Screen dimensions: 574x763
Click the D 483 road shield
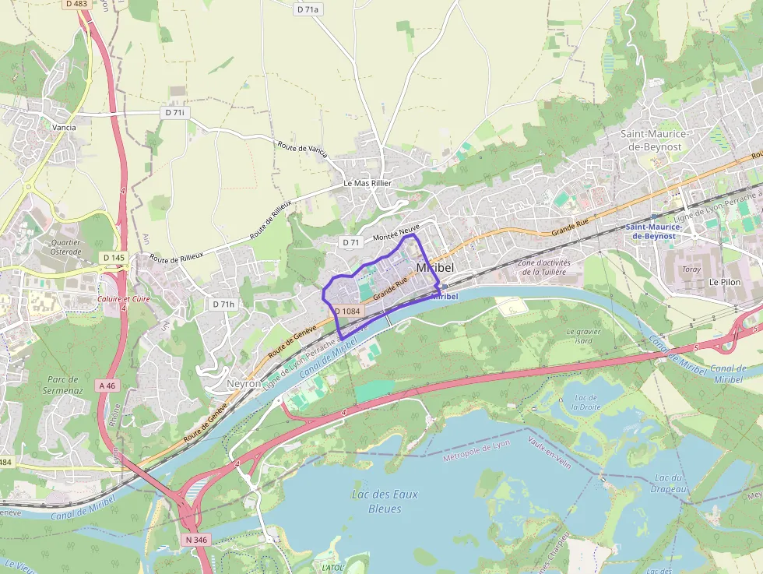coord(76,4)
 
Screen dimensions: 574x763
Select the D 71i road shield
coord(175,113)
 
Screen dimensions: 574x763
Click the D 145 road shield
coord(114,257)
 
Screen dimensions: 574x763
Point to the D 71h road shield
coord(223,304)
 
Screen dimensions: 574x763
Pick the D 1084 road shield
coord(347,312)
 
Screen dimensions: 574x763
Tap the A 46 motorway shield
coord(107,385)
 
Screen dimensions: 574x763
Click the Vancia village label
coord(64,127)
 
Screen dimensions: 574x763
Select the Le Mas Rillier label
coord(367,183)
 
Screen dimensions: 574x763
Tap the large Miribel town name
coord(435,268)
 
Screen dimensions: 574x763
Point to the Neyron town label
coord(243,384)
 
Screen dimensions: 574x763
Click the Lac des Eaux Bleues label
coord(385,502)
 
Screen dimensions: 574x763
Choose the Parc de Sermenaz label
coord(62,384)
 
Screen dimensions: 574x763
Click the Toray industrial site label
coord(691,269)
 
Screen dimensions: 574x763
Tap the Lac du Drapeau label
coord(670,483)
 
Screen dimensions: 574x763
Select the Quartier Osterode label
coord(66,247)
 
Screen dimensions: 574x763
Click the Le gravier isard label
coord(585,336)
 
